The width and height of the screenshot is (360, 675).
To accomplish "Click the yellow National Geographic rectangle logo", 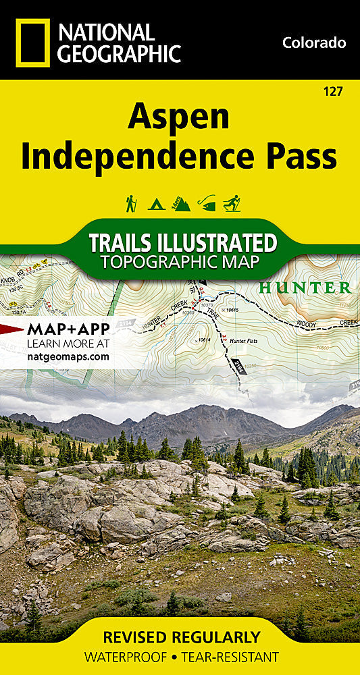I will pyautogui.click(x=31, y=43).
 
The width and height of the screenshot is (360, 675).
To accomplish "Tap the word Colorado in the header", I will pyautogui.click(x=314, y=43).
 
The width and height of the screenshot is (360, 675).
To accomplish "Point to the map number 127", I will pyautogui.click(x=332, y=91).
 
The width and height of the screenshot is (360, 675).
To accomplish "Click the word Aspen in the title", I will pyautogui.click(x=178, y=119).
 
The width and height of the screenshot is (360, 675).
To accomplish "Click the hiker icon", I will pyautogui.click(x=131, y=203).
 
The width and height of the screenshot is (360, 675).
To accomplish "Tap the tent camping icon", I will pyautogui.click(x=156, y=203).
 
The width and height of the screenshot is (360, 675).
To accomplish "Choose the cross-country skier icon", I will pyautogui.click(x=232, y=203).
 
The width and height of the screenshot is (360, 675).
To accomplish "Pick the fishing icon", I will pyautogui.click(x=206, y=203).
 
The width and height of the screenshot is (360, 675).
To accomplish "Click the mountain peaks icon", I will pyautogui.click(x=181, y=203).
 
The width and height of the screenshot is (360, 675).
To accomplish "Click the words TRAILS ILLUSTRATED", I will pyautogui.click(x=182, y=242).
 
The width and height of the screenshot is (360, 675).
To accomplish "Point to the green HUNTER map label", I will pyautogui.click(x=305, y=288).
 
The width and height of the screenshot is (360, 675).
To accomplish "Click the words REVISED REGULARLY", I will pyautogui.click(x=181, y=637).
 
